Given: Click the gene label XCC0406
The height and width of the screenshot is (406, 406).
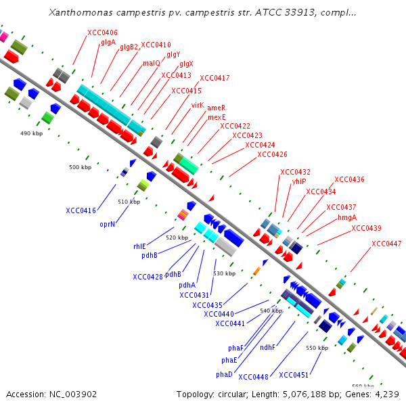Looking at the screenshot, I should click(x=102, y=32).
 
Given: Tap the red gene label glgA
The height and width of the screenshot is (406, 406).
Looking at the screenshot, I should click(x=108, y=42).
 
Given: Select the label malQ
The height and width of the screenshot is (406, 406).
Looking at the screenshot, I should click(x=151, y=63).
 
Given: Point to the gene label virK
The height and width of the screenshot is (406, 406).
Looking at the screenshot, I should click(x=198, y=105).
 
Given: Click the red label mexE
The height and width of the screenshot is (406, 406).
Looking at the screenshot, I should click(x=217, y=117).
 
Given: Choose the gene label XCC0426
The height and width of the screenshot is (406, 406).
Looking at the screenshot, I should click(x=272, y=154).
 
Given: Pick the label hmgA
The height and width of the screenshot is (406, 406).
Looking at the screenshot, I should click(x=346, y=217).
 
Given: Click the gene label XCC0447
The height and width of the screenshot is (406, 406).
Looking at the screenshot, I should click(x=386, y=244).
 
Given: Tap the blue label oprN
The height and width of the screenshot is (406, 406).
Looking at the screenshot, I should click(x=107, y=223).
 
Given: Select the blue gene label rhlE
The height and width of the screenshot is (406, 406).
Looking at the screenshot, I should click(x=139, y=246).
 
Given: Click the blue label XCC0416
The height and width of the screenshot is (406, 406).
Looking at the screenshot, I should click(x=81, y=210).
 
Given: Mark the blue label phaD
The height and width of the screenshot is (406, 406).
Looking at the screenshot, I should click(x=225, y=374).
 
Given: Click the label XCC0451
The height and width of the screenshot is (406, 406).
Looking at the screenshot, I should click(x=294, y=374).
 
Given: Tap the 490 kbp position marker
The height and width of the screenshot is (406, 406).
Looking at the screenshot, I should click(x=32, y=134).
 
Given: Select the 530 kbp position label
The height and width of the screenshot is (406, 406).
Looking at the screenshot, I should click(x=225, y=273).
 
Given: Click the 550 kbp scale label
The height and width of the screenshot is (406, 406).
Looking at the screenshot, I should click(x=317, y=348).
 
